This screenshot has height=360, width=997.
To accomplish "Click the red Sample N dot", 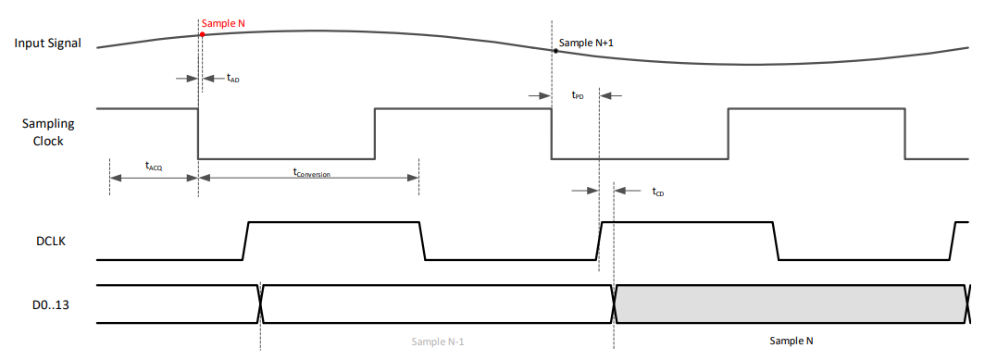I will [x=201, y=33].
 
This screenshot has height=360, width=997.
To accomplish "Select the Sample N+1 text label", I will [x=587, y=43].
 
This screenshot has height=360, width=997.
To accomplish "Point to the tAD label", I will [x=232, y=79].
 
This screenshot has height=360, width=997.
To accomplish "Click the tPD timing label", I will [x=578, y=95].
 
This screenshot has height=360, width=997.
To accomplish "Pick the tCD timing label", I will [x=658, y=192].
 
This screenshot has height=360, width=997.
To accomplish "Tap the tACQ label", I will [x=155, y=167].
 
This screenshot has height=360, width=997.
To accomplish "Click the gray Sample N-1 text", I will [x=437, y=341].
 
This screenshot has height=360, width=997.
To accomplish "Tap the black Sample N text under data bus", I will [x=791, y=341].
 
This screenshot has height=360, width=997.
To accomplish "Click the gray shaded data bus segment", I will [x=791, y=304].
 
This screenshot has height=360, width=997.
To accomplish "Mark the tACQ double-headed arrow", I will [x=154, y=178].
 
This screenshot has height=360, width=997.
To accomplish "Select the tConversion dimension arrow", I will [x=308, y=178].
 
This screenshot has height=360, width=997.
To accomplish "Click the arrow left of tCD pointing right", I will [x=584, y=191].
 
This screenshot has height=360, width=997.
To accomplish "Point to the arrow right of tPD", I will [x=612, y=94].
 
